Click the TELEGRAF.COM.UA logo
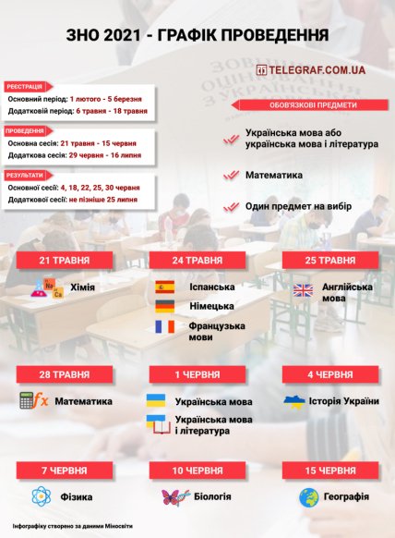pyautogui.click(x=310, y=69)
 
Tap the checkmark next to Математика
pyautogui.click(x=231, y=174)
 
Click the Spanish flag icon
pyautogui.click(x=165, y=287)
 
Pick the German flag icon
pyautogui.click(x=165, y=306)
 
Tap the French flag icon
pyautogui.click(x=165, y=326)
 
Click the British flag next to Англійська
pyautogui.click(x=304, y=289)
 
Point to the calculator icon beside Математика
pyautogui.click(x=33, y=401)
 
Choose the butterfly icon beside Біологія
pyautogui.click(x=174, y=496)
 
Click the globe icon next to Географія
pyautogui.click(x=309, y=496)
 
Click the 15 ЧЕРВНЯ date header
pyautogui.click(x=329, y=471)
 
